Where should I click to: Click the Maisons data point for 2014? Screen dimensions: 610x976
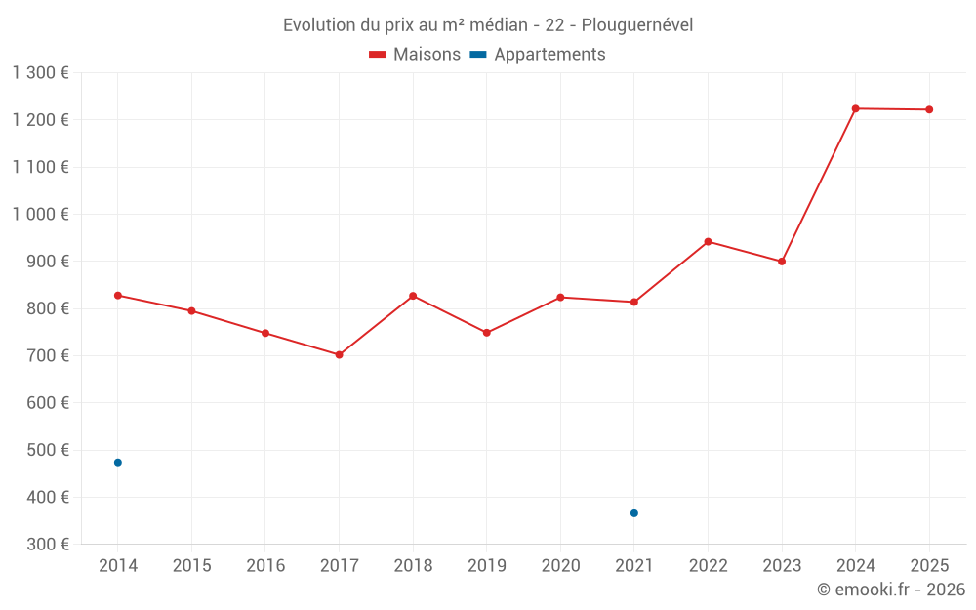pos(117,295)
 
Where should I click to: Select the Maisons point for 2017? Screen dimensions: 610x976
pos(339,354)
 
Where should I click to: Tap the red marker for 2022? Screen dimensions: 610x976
pos(708,241)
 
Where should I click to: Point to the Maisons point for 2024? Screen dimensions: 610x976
pos(855,108)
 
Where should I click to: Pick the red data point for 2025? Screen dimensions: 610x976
pos(929,109)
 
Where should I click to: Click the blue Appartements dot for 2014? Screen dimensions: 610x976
pos(117,462)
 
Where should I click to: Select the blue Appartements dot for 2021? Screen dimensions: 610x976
pos(633,512)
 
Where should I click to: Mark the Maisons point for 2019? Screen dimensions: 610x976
pos(486,333)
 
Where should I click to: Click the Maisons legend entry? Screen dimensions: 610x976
pos(415,55)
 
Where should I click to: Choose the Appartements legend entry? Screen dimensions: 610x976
pos(539,55)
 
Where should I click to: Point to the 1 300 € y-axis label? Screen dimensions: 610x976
pos(40,72)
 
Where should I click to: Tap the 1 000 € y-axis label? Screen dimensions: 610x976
pos(40,214)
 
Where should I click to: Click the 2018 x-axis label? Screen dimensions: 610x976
pos(413,566)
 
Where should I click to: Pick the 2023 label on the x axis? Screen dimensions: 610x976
pos(782,566)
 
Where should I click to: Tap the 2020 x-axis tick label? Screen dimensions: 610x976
pos(560,566)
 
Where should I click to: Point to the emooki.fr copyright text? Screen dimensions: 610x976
pos(890,590)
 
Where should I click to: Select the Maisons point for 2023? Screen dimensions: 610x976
pos(782,262)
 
